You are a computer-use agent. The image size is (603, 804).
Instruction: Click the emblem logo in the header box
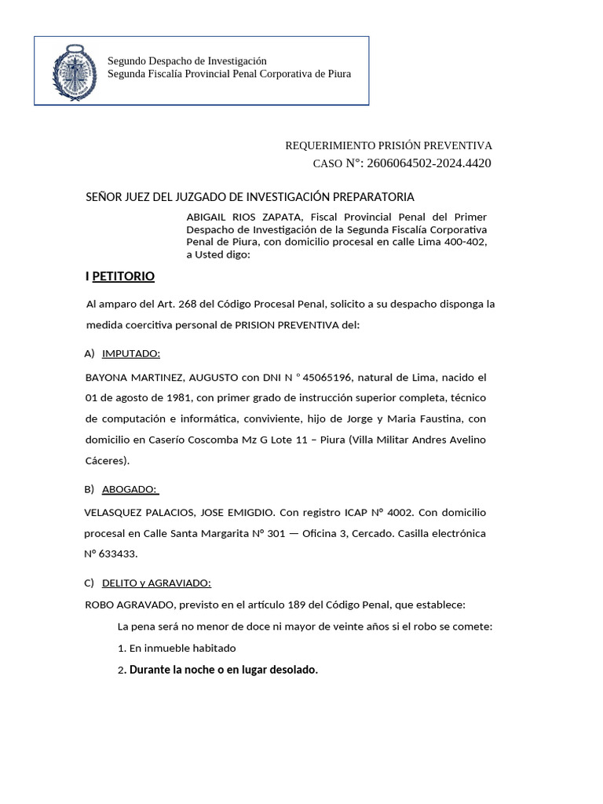75,72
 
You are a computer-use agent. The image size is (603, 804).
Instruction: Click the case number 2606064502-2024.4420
429,163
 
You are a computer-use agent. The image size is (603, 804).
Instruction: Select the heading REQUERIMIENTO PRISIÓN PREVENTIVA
388,145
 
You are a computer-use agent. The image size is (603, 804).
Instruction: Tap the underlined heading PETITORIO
123,276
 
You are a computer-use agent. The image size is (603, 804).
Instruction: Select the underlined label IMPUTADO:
131,353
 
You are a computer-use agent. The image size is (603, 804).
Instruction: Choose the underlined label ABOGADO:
130,489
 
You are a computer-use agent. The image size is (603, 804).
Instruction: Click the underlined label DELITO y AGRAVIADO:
156,583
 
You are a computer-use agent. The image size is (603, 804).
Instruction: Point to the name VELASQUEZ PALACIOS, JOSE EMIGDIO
179,513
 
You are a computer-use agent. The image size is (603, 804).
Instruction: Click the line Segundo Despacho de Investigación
187,61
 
